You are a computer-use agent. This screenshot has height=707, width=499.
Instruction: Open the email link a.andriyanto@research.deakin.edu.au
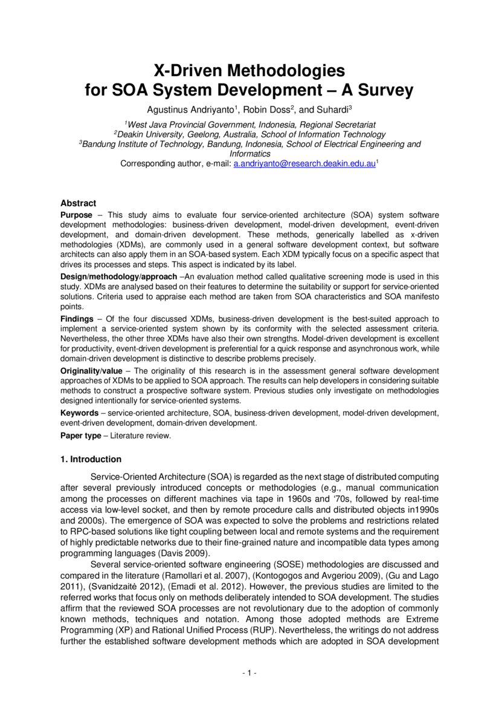[304, 164]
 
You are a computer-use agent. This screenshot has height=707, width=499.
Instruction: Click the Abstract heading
[78, 203]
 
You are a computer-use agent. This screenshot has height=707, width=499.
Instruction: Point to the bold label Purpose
[77, 215]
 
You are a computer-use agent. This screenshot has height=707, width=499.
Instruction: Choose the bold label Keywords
[79, 413]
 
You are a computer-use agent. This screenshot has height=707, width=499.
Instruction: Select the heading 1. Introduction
[91, 459]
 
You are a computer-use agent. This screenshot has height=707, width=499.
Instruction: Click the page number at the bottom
[249, 673]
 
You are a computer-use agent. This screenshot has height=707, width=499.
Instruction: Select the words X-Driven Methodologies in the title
[249, 71]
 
